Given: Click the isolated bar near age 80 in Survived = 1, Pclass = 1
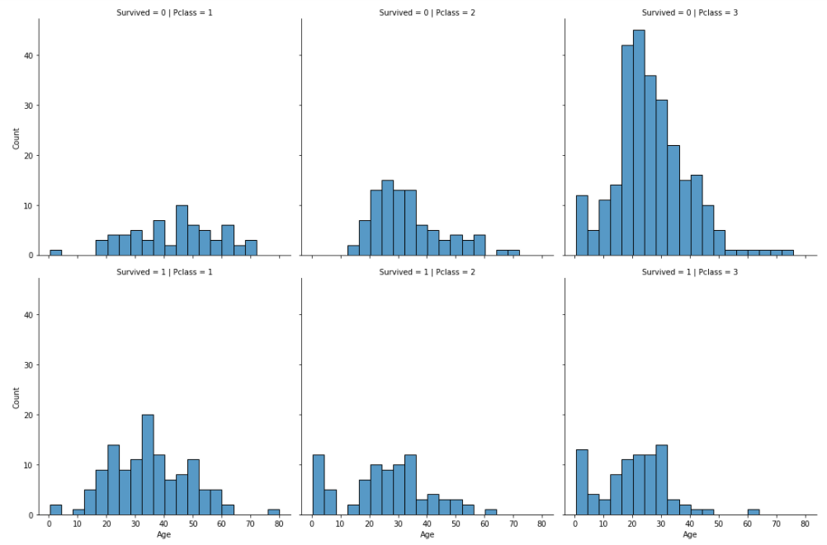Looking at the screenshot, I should [273, 512].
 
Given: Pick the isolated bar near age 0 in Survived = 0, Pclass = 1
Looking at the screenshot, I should [55, 252].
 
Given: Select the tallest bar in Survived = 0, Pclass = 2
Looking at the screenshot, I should [387, 218].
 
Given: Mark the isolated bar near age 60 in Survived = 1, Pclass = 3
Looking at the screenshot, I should [754, 512].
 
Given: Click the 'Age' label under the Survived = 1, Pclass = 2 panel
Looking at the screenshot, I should [427, 535].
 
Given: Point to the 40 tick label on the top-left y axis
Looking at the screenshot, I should [27, 56].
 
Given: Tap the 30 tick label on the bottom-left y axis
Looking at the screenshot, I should [27, 365].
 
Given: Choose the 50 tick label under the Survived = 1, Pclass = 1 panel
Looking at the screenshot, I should [192, 524].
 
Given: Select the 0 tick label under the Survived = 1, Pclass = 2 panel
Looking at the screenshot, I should [312, 524].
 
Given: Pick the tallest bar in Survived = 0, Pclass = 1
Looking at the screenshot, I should [182, 230].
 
